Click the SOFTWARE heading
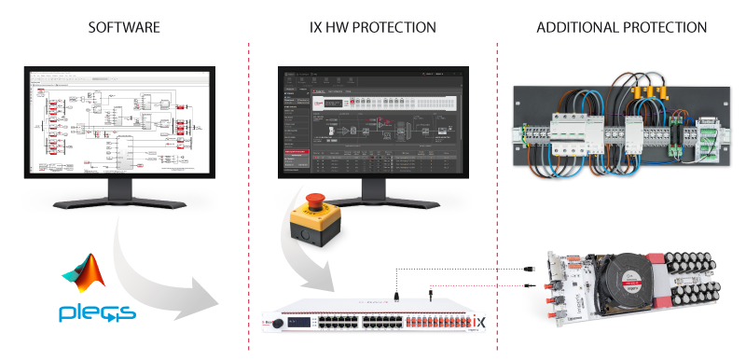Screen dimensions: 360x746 (123, 27)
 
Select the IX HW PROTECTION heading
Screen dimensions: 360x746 (373, 27)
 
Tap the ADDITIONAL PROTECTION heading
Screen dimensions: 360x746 (621, 27)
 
